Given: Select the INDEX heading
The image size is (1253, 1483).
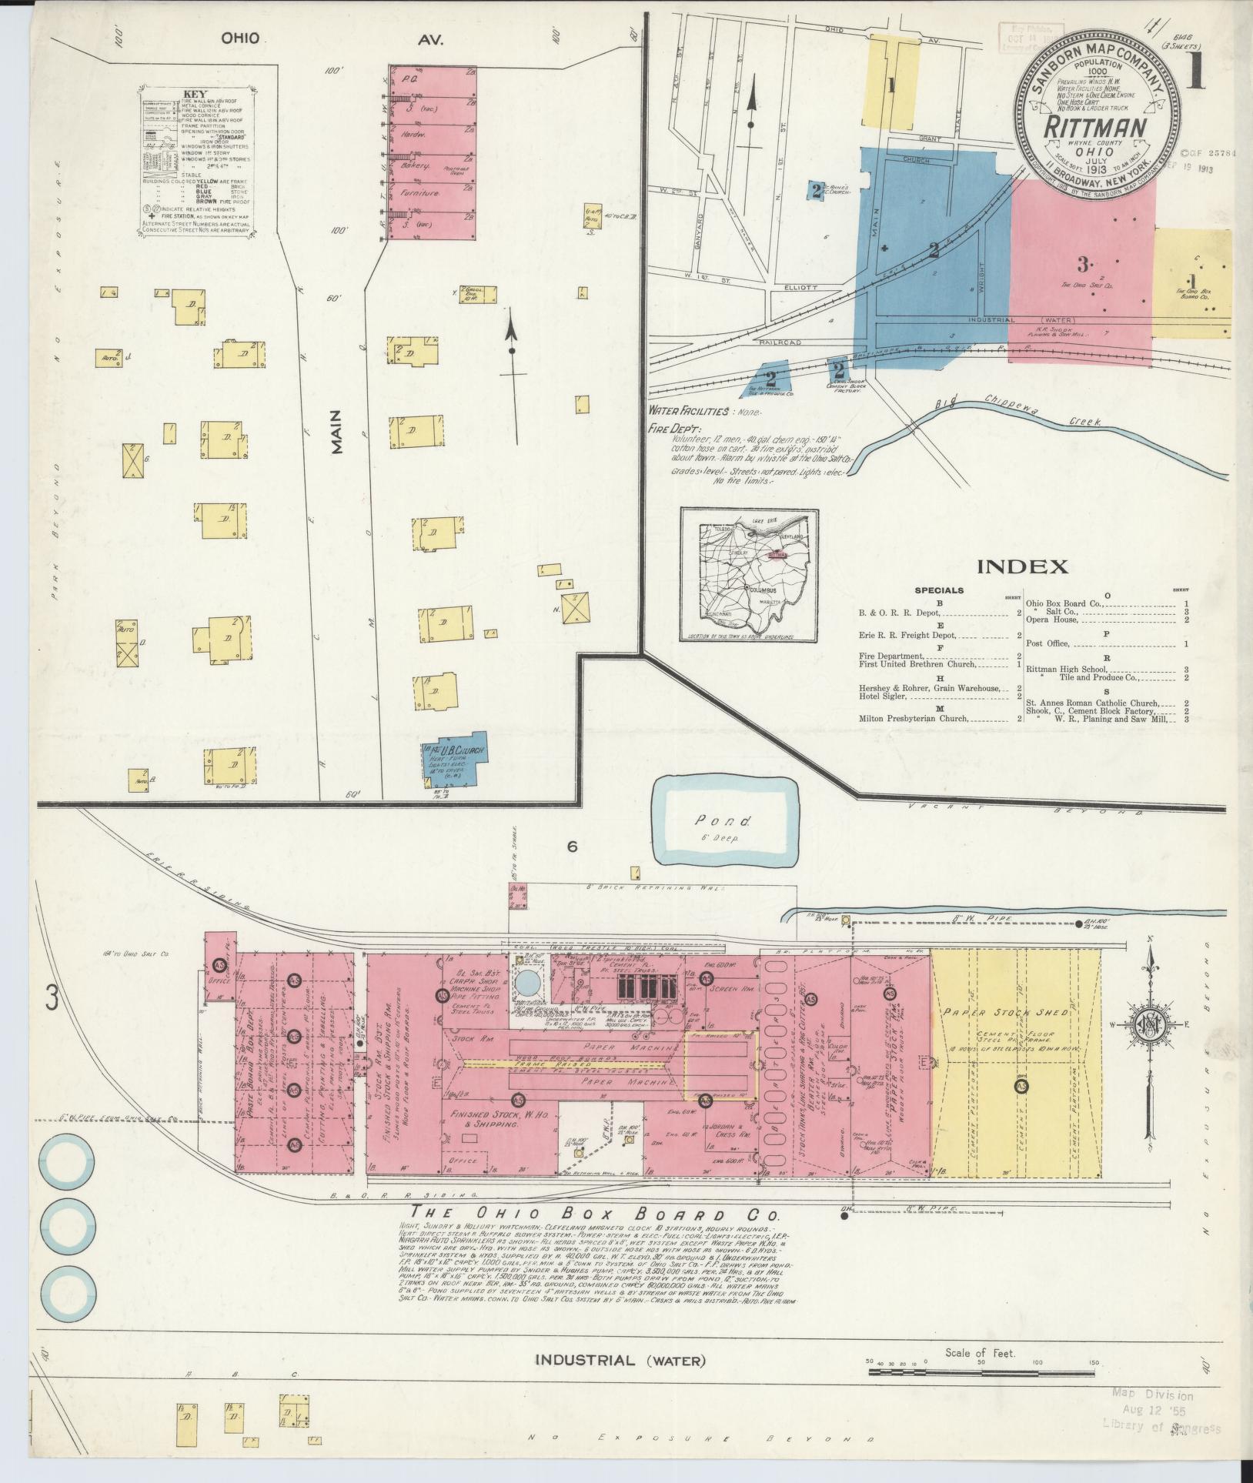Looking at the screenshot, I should click(x=1021, y=567).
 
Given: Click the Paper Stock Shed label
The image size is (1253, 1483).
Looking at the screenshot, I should click(x=999, y=1014).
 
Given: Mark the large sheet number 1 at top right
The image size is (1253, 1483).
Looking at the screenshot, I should click(x=1195, y=78).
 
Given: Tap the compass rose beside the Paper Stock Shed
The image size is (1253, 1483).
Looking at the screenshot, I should click(x=1150, y=1027).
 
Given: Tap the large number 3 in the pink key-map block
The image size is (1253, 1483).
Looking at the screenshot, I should click(x=1082, y=266).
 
